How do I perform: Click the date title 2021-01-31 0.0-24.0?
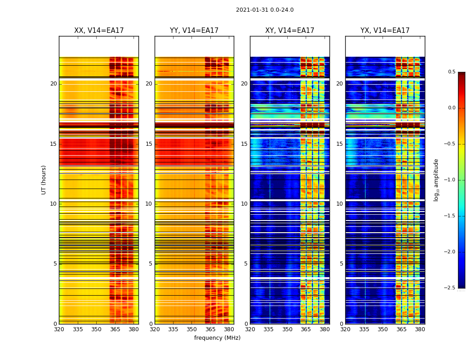click(265, 10)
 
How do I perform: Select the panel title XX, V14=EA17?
click(99, 31)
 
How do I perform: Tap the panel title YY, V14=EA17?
click(194, 31)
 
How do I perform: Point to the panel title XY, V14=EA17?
click(290, 31)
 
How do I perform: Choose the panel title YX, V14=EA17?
click(385, 31)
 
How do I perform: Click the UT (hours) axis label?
click(44, 180)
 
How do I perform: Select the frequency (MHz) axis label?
click(217, 338)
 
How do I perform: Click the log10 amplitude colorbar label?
click(436, 180)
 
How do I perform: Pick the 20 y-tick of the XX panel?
click(53, 84)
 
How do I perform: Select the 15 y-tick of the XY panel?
click(244, 144)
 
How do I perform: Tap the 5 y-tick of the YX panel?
click(341, 264)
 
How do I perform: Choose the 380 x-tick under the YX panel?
click(420, 329)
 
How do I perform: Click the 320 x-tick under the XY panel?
click(250, 329)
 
